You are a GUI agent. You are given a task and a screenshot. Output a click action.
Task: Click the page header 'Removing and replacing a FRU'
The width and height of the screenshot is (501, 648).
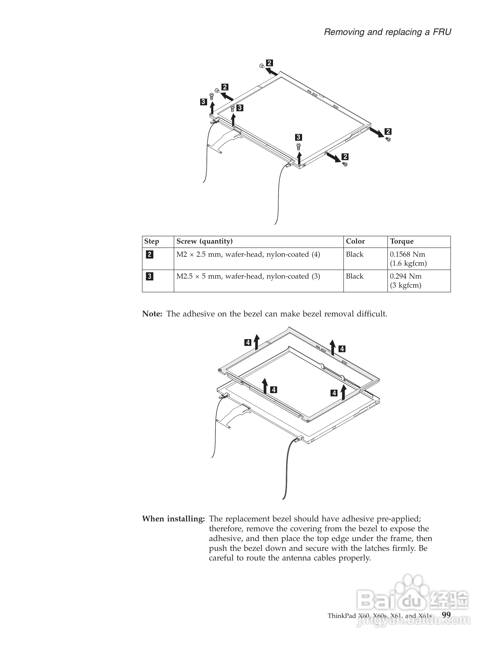387,32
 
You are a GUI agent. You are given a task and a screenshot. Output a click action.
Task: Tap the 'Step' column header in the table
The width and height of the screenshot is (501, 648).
152,241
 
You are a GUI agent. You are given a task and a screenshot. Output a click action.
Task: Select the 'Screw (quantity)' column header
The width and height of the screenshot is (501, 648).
204,241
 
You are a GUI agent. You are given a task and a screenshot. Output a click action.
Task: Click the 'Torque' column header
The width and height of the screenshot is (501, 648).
402,241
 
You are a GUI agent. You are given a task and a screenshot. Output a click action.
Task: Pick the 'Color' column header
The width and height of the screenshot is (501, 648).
355,241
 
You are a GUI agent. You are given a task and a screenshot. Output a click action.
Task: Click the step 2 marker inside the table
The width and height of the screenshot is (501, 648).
150,255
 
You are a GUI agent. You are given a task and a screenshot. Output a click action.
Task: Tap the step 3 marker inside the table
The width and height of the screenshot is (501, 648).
150,277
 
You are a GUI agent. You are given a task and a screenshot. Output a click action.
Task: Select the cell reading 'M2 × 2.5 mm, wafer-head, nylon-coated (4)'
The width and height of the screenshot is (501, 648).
248,255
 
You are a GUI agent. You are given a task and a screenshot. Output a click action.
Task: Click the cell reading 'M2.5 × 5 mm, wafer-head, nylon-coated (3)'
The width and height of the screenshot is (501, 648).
248,277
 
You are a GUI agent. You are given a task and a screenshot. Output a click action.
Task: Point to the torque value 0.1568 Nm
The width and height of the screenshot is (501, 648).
407,255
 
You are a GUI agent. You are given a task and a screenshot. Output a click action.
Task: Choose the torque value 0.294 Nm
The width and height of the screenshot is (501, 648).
405,277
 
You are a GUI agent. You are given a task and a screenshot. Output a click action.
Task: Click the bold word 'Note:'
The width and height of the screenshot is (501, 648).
152,314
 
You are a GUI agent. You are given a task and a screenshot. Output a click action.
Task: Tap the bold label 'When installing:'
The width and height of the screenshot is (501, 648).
173,519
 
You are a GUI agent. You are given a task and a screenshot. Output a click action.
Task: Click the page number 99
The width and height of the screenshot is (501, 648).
446,615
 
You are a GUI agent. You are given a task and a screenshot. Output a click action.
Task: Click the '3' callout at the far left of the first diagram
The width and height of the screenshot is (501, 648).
203,102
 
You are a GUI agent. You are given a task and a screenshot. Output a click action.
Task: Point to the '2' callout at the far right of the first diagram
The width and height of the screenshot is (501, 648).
388,132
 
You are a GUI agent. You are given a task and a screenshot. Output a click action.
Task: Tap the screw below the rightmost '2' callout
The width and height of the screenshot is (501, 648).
388,139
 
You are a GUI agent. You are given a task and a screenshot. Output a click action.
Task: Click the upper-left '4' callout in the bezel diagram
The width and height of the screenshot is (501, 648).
248,343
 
